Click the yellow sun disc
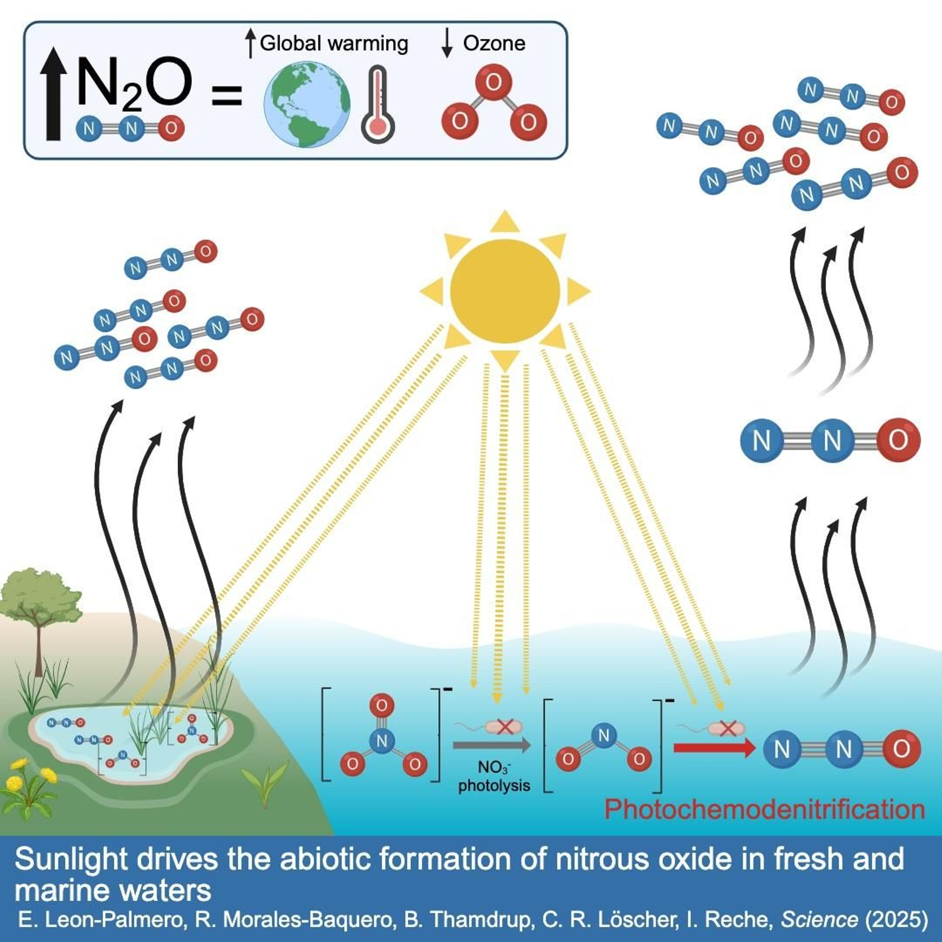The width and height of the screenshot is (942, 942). (x=505, y=291)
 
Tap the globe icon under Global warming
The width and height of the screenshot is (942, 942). (x=307, y=104)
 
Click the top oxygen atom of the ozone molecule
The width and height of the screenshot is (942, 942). (x=493, y=82)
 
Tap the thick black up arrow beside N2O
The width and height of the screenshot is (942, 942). (x=54, y=94)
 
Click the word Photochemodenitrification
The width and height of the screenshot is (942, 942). (x=764, y=810)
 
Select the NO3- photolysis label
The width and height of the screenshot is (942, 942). (x=494, y=776)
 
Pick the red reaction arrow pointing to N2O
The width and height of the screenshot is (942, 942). (x=714, y=748)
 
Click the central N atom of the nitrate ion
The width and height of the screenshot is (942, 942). (x=382, y=741)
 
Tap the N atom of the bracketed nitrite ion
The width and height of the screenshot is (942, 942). (x=603, y=735)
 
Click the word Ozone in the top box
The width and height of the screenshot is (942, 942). (x=494, y=43)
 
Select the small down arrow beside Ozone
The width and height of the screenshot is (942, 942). (x=447, y=43)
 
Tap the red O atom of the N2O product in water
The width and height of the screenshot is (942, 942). (x=901, y=749)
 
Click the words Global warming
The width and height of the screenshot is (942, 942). (x=334, y=43)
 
